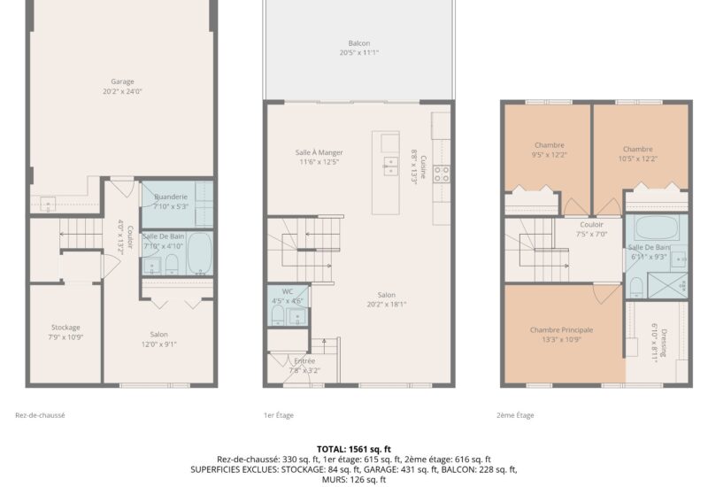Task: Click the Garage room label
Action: (x=122, y=81)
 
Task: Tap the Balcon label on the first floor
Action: (x=358, y=43)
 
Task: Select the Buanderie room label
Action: (x=170, y=197)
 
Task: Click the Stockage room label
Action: (x=64, y=327)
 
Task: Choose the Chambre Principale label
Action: (x=561, y=329)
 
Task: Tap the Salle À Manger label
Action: (x=319, y=152)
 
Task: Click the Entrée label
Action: (x=304, y=360)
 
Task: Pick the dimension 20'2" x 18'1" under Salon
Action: (x=387, y=305)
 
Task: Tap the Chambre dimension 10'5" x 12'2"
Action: (x=637, y=158)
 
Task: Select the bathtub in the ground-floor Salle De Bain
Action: (x=199, y=254)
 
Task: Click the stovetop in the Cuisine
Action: (x=441, y=174)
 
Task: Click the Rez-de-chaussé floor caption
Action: (x=40, y=415)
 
